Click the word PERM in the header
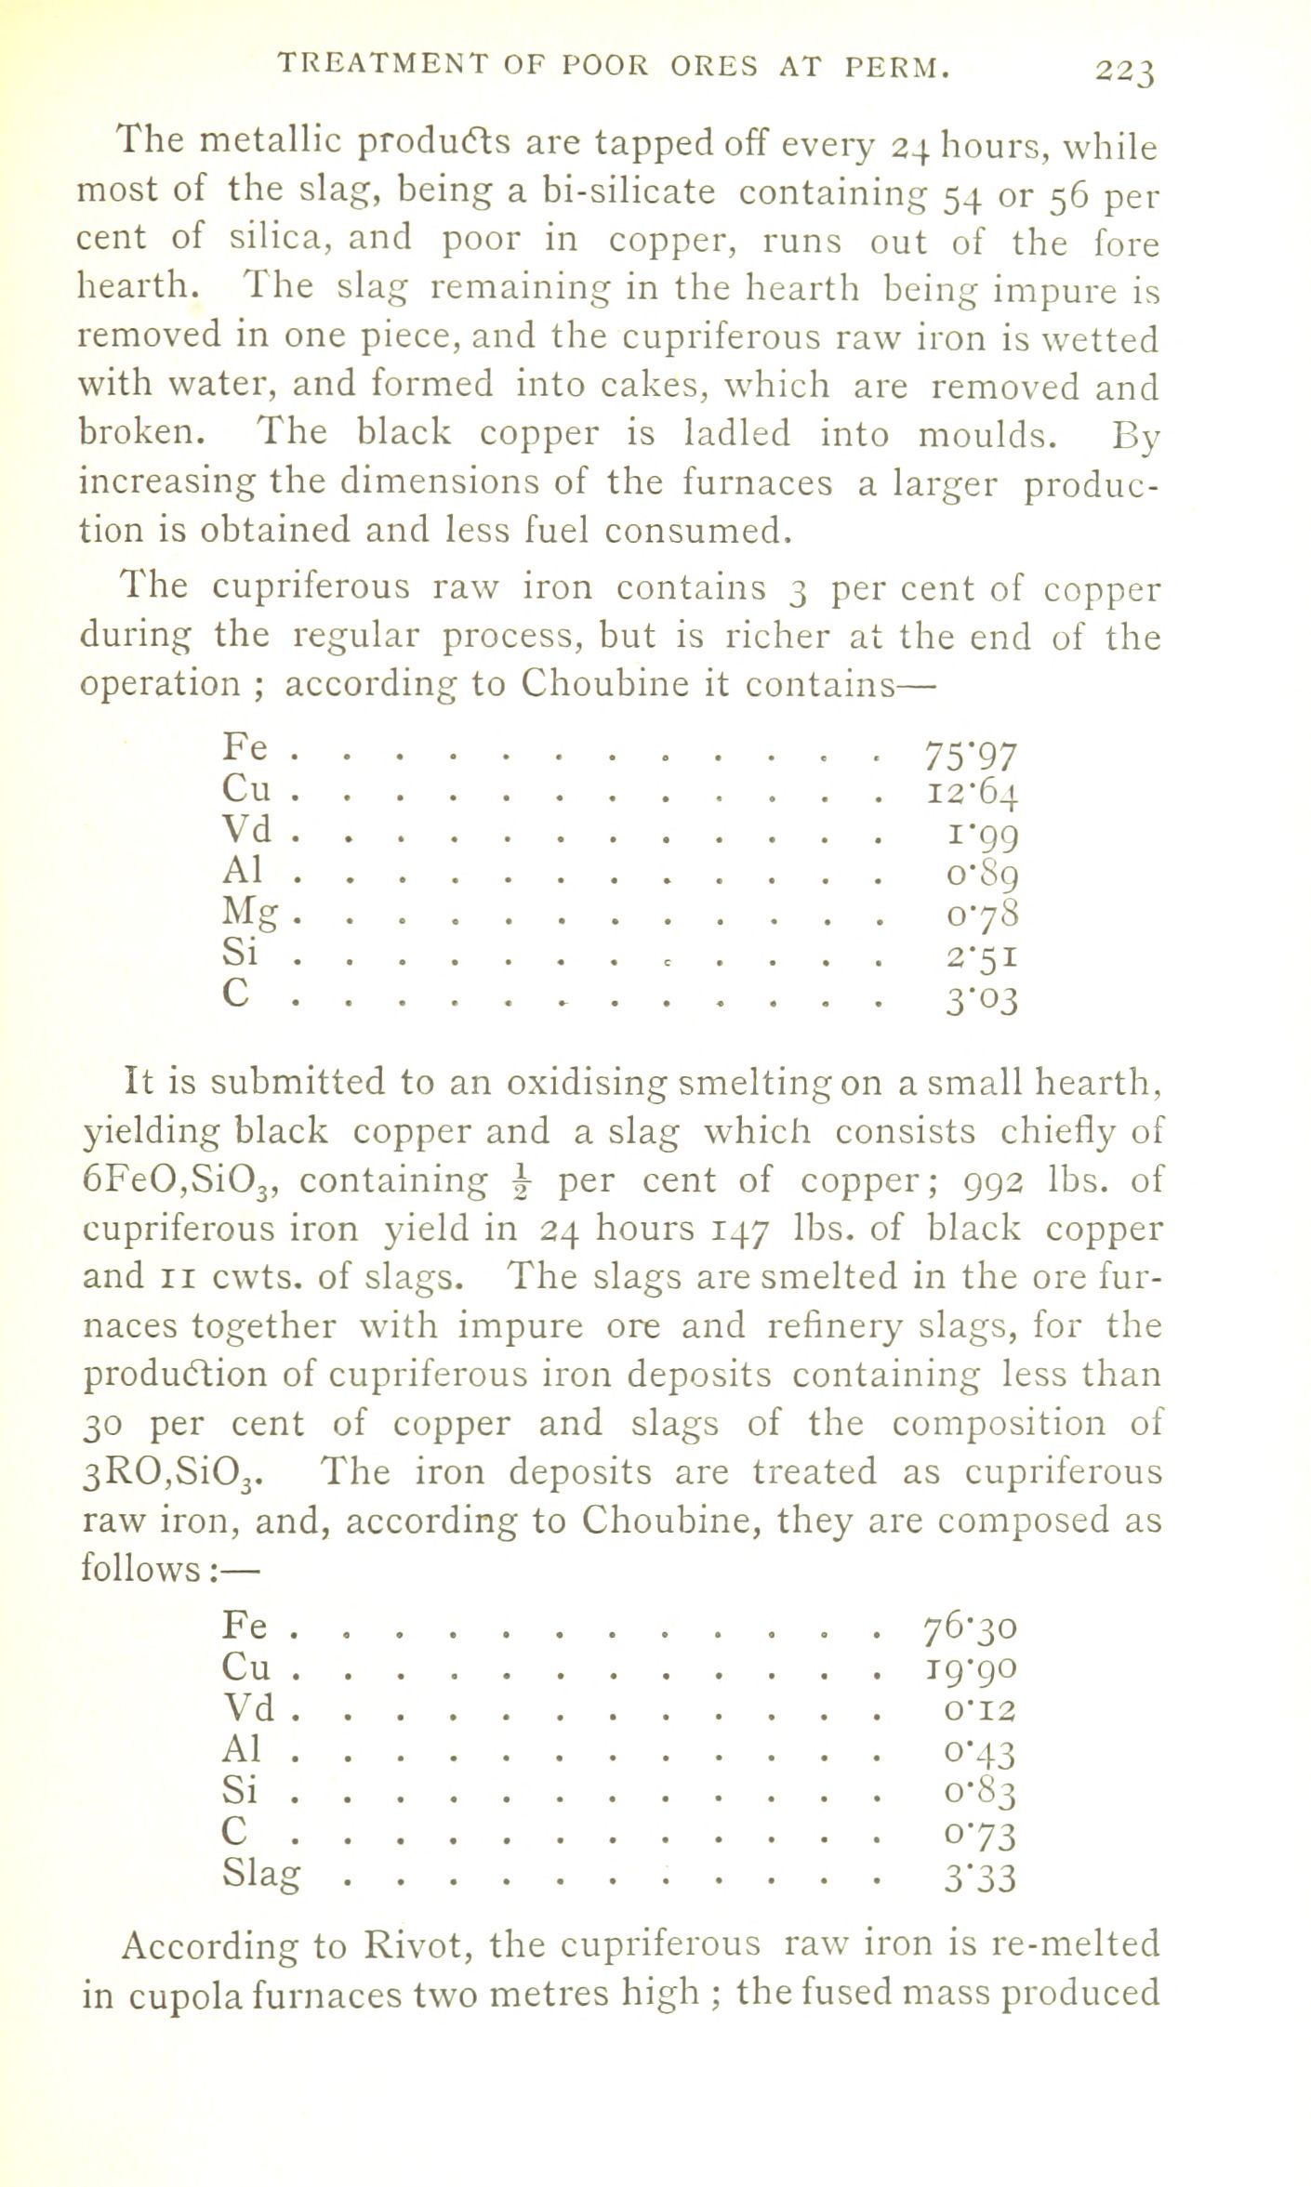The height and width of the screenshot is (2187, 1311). (896, 68)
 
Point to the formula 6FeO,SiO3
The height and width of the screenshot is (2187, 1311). (182, 1183)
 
